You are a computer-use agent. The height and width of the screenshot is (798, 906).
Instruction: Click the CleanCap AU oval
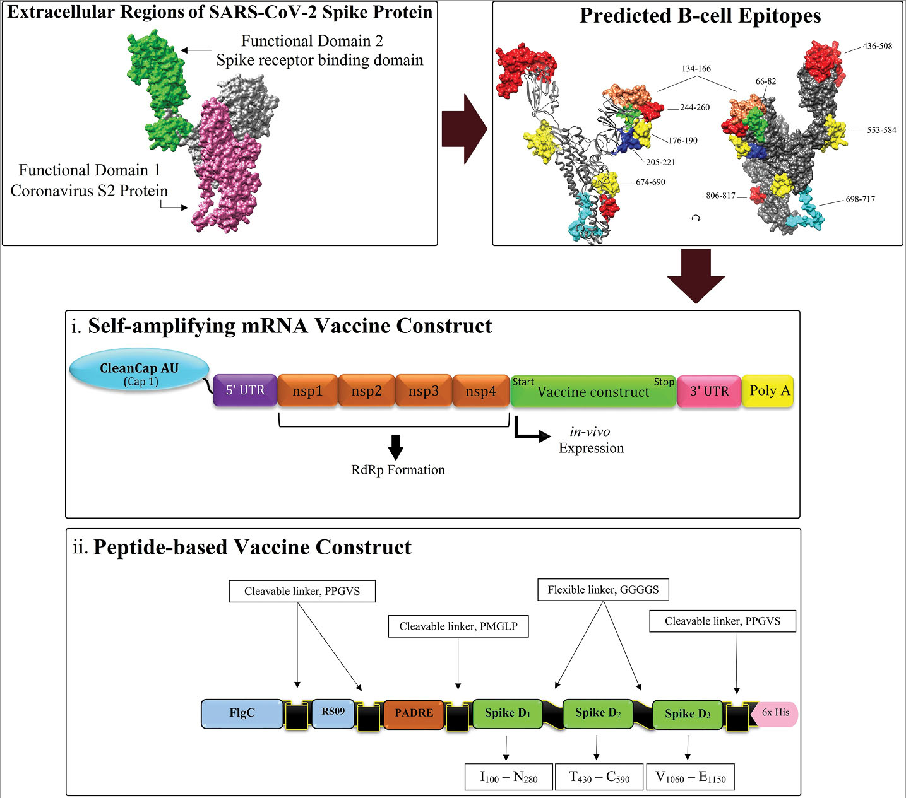[139, 373]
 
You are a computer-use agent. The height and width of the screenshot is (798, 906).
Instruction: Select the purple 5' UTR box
[245, 390]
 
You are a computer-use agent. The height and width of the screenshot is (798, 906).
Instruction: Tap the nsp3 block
[423, 391]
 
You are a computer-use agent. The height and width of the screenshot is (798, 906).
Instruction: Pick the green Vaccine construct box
[593, 391]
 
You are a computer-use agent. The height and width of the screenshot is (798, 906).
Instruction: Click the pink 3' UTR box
[709, 391]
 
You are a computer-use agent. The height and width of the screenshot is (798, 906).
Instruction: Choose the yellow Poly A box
[768, 390]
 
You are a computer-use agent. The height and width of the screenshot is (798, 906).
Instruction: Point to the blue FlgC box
[242, 713]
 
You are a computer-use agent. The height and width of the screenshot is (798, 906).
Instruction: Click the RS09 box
[333, 712]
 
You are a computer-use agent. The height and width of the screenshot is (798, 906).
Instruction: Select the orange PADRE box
[414, 713]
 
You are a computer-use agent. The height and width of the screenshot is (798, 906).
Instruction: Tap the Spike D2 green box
[597, 713]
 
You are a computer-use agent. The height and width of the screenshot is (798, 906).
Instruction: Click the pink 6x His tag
[775, 713]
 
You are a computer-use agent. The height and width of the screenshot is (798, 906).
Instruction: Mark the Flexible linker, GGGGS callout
[603, 590]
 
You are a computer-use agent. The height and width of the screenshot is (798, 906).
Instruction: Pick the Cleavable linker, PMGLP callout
[458, 626]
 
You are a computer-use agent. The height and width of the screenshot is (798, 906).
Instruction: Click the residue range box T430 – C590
[599, 777]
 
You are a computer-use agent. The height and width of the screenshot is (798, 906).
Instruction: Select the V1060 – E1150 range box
[691, 777]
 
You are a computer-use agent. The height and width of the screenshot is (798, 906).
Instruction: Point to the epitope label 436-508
[877, 46]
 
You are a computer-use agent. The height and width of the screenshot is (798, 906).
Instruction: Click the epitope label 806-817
[721, 196]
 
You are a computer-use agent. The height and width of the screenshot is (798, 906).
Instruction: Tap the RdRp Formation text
[398, 470]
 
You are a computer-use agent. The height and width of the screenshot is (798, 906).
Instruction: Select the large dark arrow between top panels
[464, 129]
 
